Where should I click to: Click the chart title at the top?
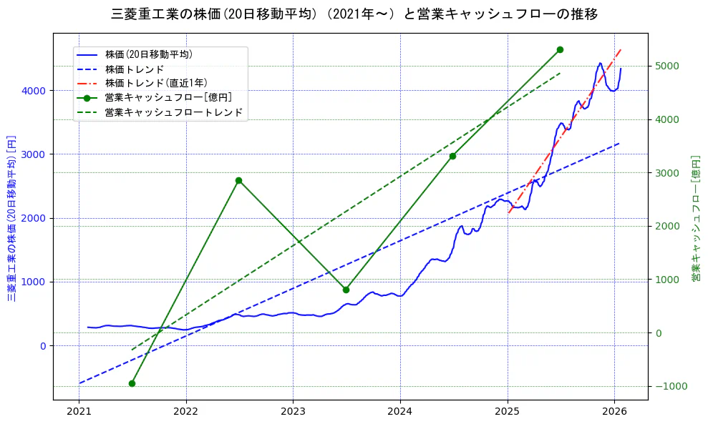[354, 14]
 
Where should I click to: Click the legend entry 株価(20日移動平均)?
[148, 54]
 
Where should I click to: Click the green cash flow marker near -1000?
[132, 383]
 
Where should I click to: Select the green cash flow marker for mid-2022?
[238, 180]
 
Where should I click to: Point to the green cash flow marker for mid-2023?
[346, 290]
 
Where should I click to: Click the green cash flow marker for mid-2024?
[452, 156]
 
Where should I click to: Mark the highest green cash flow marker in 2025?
[560, 49]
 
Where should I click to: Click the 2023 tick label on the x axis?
[293, 412]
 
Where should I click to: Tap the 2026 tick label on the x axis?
[614, 412]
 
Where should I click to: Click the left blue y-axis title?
[11, 217]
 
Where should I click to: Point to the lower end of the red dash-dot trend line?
[508, 213]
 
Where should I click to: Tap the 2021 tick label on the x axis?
[79, 412]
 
